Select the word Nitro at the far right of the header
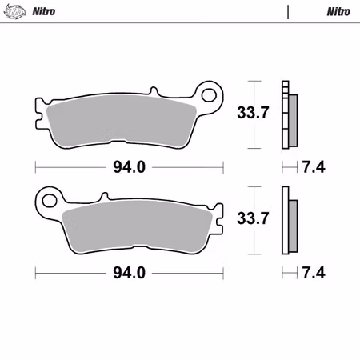(338, 12)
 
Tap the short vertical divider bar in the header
(288, 12)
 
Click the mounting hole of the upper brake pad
(210, 95)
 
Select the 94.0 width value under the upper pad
(129, 168)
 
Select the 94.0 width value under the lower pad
(129, 273)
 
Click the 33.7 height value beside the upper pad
(252, 114)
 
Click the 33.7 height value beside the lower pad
(252, 218)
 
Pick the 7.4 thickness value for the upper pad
(314, 168)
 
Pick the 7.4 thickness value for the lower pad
(314, 273)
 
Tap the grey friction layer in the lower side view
(292, 226)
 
